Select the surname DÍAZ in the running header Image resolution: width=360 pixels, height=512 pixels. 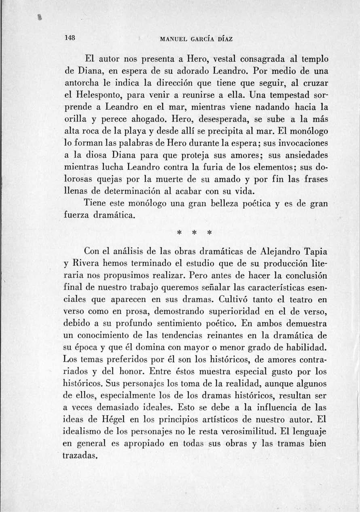(x=224, y=39)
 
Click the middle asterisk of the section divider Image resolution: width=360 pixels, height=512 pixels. (x=195, y=234)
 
